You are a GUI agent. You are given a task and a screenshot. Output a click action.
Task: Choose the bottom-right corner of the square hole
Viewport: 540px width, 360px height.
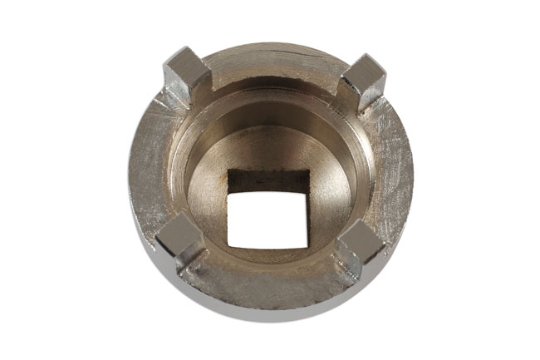307,247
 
